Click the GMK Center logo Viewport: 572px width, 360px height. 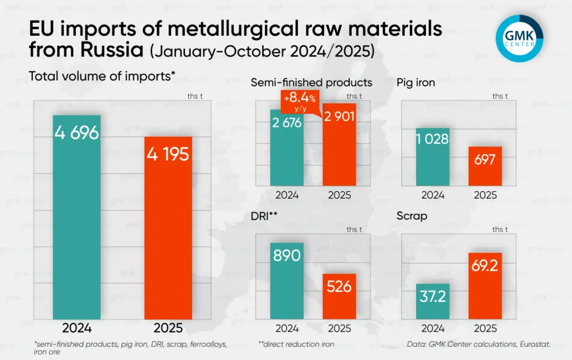click(519, 38)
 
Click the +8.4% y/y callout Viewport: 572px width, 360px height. click(299, 102)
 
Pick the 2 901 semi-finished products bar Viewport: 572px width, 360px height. click(340, 145)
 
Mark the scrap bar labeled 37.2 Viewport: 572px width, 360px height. click(433, 301)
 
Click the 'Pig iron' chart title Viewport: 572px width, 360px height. click(416, 83)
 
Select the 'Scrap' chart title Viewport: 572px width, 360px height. click(412, 215)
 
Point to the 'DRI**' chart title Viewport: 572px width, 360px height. click(266, 215)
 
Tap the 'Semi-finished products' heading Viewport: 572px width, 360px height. click(311, 83)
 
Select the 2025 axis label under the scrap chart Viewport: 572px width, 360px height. click(485, 328)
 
